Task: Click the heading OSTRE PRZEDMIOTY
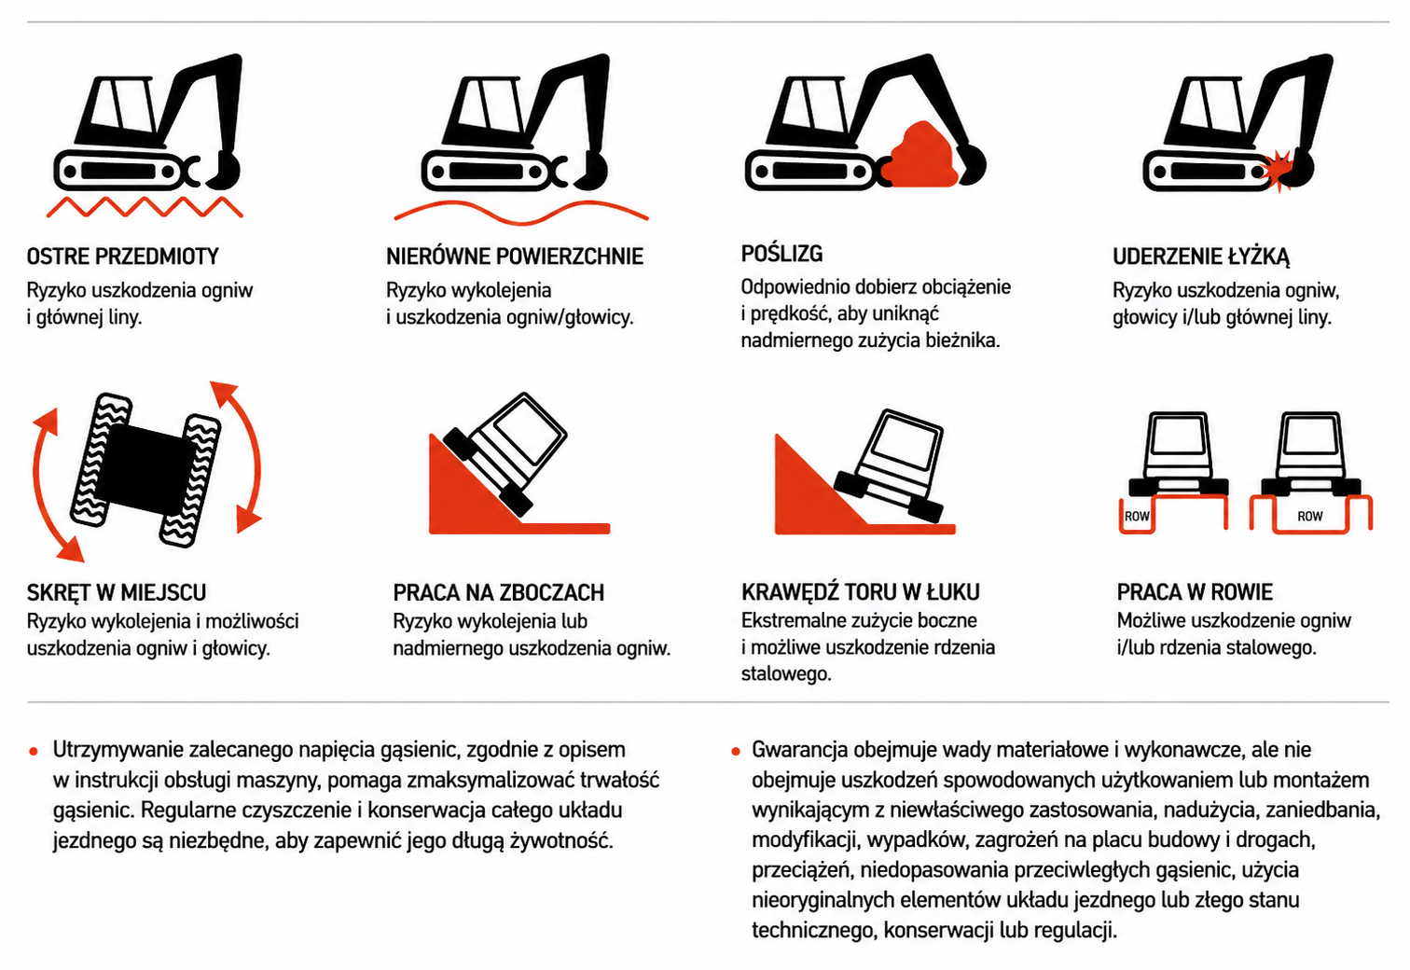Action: (123, 256)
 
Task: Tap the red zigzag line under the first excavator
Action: (145, 207)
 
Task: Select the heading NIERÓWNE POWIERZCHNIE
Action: (514, 256)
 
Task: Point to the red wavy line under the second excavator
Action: (521, 213)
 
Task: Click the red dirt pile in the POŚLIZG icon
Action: (920, 158)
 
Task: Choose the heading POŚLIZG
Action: (781, 254)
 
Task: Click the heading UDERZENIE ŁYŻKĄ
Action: (1201, 256)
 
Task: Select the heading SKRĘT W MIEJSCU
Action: (117, 592)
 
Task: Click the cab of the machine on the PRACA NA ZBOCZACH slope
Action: (522, 434)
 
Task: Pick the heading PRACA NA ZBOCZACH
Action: (499, 592)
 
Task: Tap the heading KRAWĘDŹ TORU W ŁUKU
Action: (861, 592)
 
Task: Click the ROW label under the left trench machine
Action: (1137, 517)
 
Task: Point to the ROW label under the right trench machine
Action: (1310, 517)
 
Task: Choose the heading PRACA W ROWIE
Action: (1195, 592)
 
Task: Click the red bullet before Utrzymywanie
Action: (34, 751)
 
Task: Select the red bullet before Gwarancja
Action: (735, 751)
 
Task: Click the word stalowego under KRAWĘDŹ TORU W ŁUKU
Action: (786, 674)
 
